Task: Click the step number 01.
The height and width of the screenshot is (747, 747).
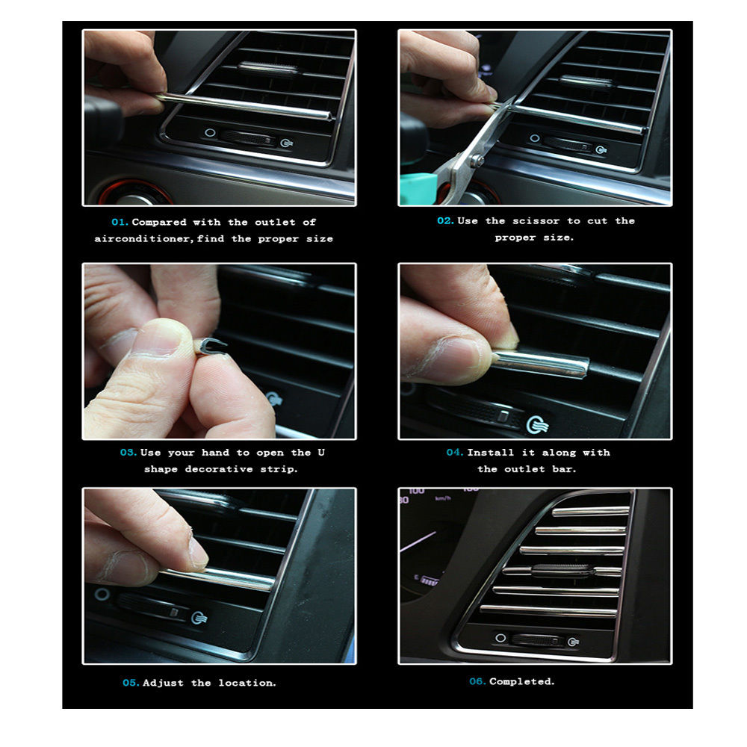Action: click(120, 222)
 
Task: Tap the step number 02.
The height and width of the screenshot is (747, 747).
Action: click(445, 220)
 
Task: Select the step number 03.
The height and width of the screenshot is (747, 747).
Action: click(128, 452)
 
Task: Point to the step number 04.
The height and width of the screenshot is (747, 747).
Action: click(454, 452)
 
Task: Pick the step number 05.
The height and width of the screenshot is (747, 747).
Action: click(131, 683)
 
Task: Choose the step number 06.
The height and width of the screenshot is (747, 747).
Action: click(477, 681)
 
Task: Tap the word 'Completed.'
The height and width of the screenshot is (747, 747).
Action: click(522, 681)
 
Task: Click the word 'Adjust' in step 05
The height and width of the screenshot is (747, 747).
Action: click(163, 683)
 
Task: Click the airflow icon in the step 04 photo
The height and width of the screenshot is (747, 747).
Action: click(537, 424)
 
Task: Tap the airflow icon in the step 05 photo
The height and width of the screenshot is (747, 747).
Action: click(199, 618)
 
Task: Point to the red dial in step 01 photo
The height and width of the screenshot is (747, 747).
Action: click(134, 193)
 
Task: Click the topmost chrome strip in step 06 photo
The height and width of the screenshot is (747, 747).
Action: click(591, 512)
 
